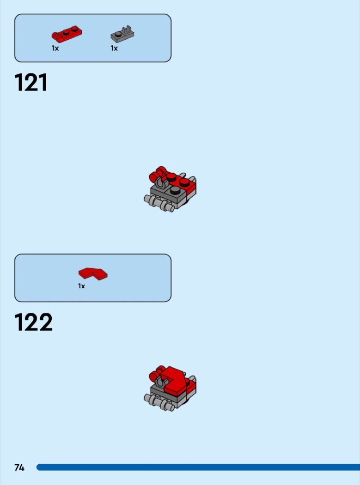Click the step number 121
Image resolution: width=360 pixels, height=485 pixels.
coord(31,82)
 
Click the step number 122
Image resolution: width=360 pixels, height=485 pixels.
coord(33,322)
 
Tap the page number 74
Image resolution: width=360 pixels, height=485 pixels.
coord(19,467)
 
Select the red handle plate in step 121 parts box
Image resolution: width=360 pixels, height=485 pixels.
coord(67,34)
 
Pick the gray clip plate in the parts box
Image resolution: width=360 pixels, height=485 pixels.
coord(122,35)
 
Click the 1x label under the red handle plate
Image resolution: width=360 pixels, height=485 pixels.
coord(55,48)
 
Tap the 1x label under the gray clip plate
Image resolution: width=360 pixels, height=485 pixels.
coord(114,48)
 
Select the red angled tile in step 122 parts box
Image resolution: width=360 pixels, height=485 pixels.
coord(93,274)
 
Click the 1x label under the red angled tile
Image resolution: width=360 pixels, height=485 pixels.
coord(81,286)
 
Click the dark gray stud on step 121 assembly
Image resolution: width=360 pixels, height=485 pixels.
coord(175,190)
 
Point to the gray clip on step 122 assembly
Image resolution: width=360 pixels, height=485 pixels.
coord(160,382)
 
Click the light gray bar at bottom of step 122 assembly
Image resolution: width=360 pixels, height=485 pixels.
coord(159,402)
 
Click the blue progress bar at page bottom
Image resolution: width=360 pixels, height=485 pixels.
coord(198,467)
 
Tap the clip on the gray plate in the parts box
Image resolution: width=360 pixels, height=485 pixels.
coord(127,30)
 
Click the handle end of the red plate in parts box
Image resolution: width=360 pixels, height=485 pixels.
coord(56,36)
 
